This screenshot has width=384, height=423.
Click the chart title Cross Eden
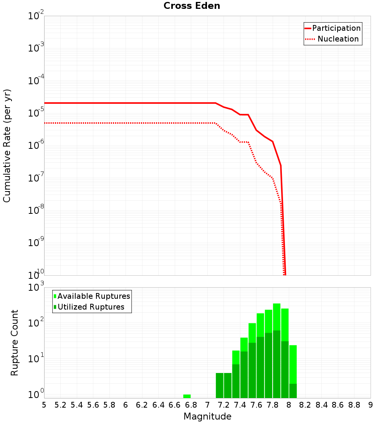click(x=192, y=6)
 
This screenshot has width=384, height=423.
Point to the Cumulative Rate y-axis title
click(x=7, y=146)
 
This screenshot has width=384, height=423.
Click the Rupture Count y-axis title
click(x=15, y=343)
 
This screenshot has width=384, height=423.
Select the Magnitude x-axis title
click(x=207, y=416)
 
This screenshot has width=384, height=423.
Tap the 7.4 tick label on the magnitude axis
click(x=240, y=405)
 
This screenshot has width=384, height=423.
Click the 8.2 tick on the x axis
click(x=305, y=405)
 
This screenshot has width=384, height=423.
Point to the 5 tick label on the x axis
click(x=44, y=405)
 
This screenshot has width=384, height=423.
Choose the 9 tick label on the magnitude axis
click(x=371, y=405)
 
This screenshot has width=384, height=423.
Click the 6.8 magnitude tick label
click(x=191, y=405)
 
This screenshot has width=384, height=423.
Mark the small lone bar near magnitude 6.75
click(x=187, y=396)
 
